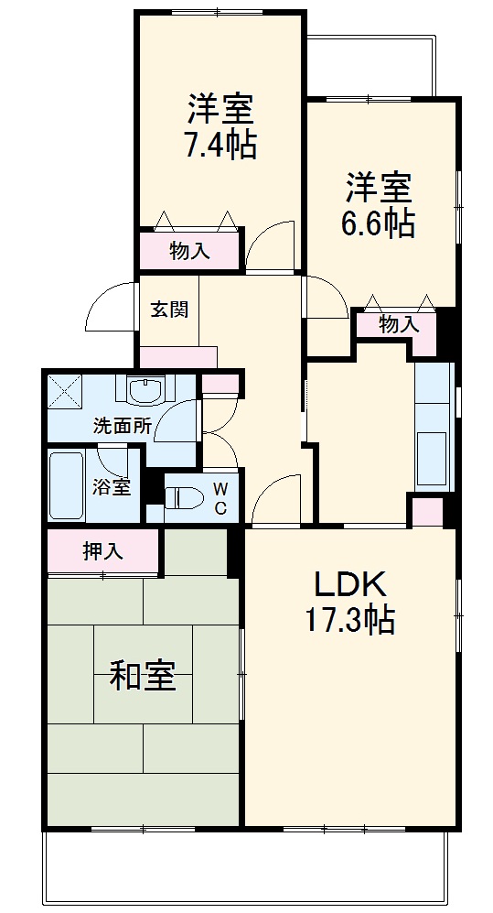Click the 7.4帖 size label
[x=221, y=146]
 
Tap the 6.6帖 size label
[x=378, y=223]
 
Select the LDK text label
[x=352, y=583]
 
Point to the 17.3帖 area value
[x=350, y=622]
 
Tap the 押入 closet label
[x=102, y=551]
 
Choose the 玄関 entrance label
[x=169, y=309]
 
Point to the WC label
[x=220, y=499]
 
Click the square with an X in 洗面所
[x=65, y=391]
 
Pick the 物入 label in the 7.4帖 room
[x=189, y=251]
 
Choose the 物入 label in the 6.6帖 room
[x=399, y=323]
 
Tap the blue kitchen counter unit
[x=434, y=426]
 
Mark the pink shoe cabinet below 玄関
[x=178, y=356]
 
